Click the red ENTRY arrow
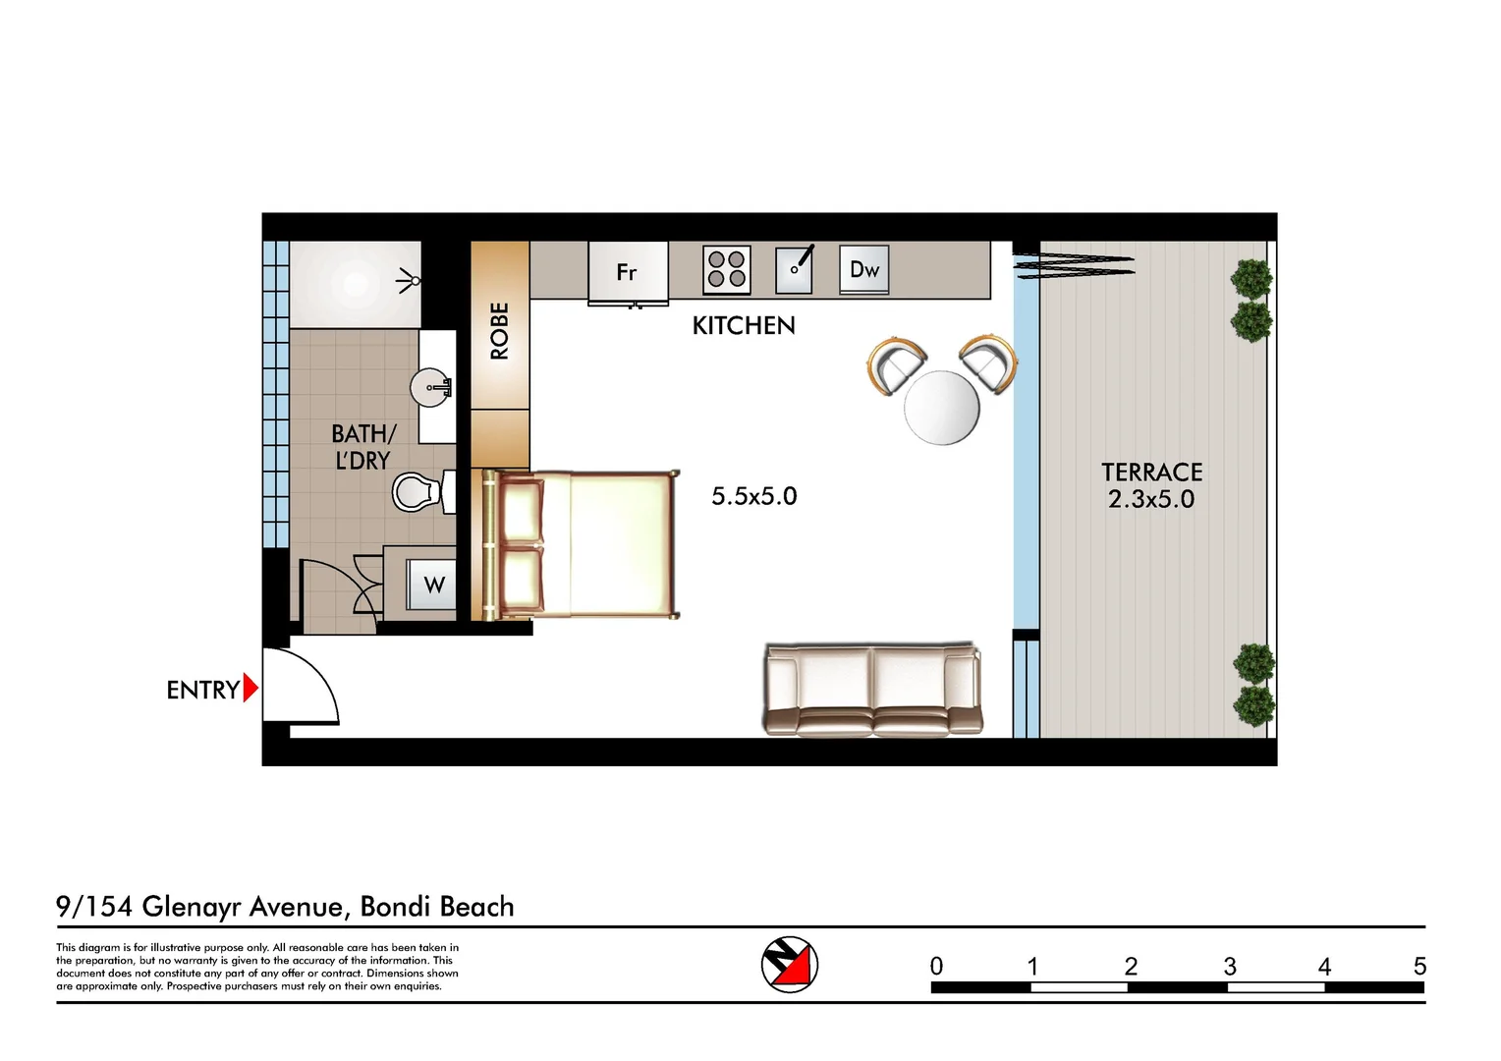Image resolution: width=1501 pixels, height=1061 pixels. point(250,688)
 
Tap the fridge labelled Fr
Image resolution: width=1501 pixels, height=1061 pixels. point(627,272)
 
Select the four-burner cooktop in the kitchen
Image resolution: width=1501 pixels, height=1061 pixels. point(727,269)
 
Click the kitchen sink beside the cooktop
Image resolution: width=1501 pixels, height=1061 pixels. point(794,269)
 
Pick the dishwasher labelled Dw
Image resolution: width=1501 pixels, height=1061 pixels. point(864,269)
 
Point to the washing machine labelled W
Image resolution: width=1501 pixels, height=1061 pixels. point(433,585)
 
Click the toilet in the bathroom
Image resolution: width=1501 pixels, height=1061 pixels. point(417,492)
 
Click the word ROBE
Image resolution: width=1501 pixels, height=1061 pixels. point(500,331)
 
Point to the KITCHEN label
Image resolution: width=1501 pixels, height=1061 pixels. point(744,326)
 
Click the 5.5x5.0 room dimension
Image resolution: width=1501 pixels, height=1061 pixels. point(753,496)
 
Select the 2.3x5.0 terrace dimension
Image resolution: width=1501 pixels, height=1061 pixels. point(1151,499)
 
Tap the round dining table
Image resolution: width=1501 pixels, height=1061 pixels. point(941,407)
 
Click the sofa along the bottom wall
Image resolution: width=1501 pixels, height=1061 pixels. point(872,690)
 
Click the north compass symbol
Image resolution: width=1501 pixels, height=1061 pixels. point(790,964)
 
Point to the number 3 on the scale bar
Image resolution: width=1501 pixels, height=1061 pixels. point(1229,967)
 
